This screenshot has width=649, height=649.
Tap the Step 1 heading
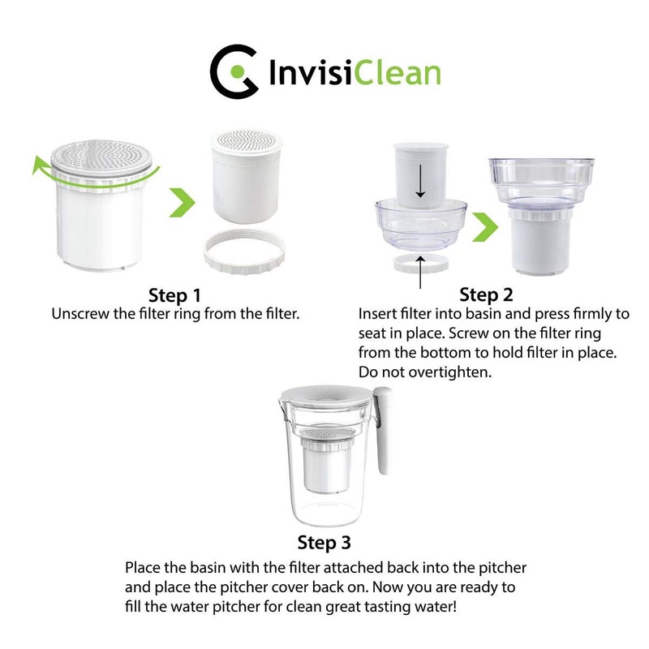(x=174, y=294)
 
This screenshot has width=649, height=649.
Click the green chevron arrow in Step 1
(x=181, y=203)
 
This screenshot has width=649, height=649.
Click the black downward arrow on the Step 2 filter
(x=420, y=183)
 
